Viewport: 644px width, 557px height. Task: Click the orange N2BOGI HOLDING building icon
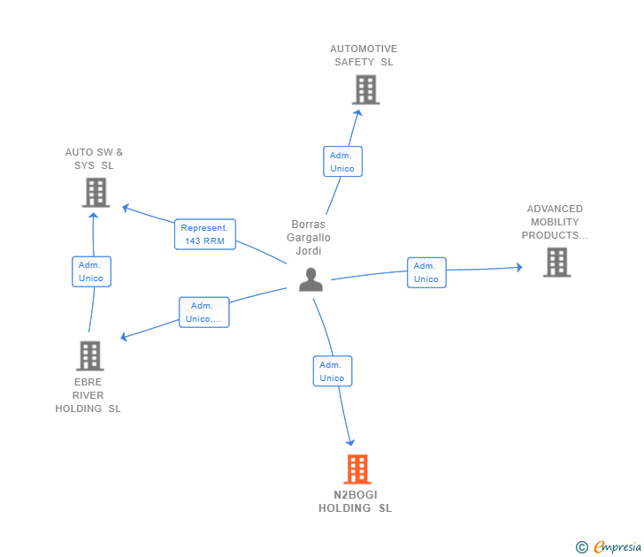tap(357, 469)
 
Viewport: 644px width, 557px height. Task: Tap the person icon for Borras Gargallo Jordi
tap(310, 280)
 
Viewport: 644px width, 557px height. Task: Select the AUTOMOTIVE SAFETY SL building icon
tap(365, 90)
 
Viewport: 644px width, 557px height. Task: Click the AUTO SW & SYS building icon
tap(96, 193)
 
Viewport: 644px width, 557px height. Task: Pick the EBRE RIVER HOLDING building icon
tap(90, 356)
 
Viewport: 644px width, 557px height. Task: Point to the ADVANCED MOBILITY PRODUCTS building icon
tap(557, 263)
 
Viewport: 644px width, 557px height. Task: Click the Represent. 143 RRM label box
tap(205, 234)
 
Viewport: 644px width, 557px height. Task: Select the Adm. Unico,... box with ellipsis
tap(204, 312)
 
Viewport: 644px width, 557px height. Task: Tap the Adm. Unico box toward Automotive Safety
tap(342, 162)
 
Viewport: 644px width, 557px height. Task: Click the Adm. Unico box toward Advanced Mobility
tap(426, 272)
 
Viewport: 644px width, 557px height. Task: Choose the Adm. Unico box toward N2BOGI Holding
tap(333, 371)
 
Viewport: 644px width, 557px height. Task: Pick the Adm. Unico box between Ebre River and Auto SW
tap(91, 271)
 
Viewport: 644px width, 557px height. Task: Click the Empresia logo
tap(617, 547)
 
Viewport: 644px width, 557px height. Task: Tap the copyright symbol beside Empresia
tap(582, 547)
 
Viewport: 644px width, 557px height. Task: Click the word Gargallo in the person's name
tap(309, 238)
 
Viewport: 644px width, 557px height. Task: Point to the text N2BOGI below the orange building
tap(356, 495)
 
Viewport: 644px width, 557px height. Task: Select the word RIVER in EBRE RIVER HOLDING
tap(88, 395)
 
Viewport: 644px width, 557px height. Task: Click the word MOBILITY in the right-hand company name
tap(555, 222)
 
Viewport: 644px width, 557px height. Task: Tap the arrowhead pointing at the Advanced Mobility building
tap(519, 268)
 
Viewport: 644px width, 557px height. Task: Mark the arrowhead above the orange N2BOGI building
tap(350, 442)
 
